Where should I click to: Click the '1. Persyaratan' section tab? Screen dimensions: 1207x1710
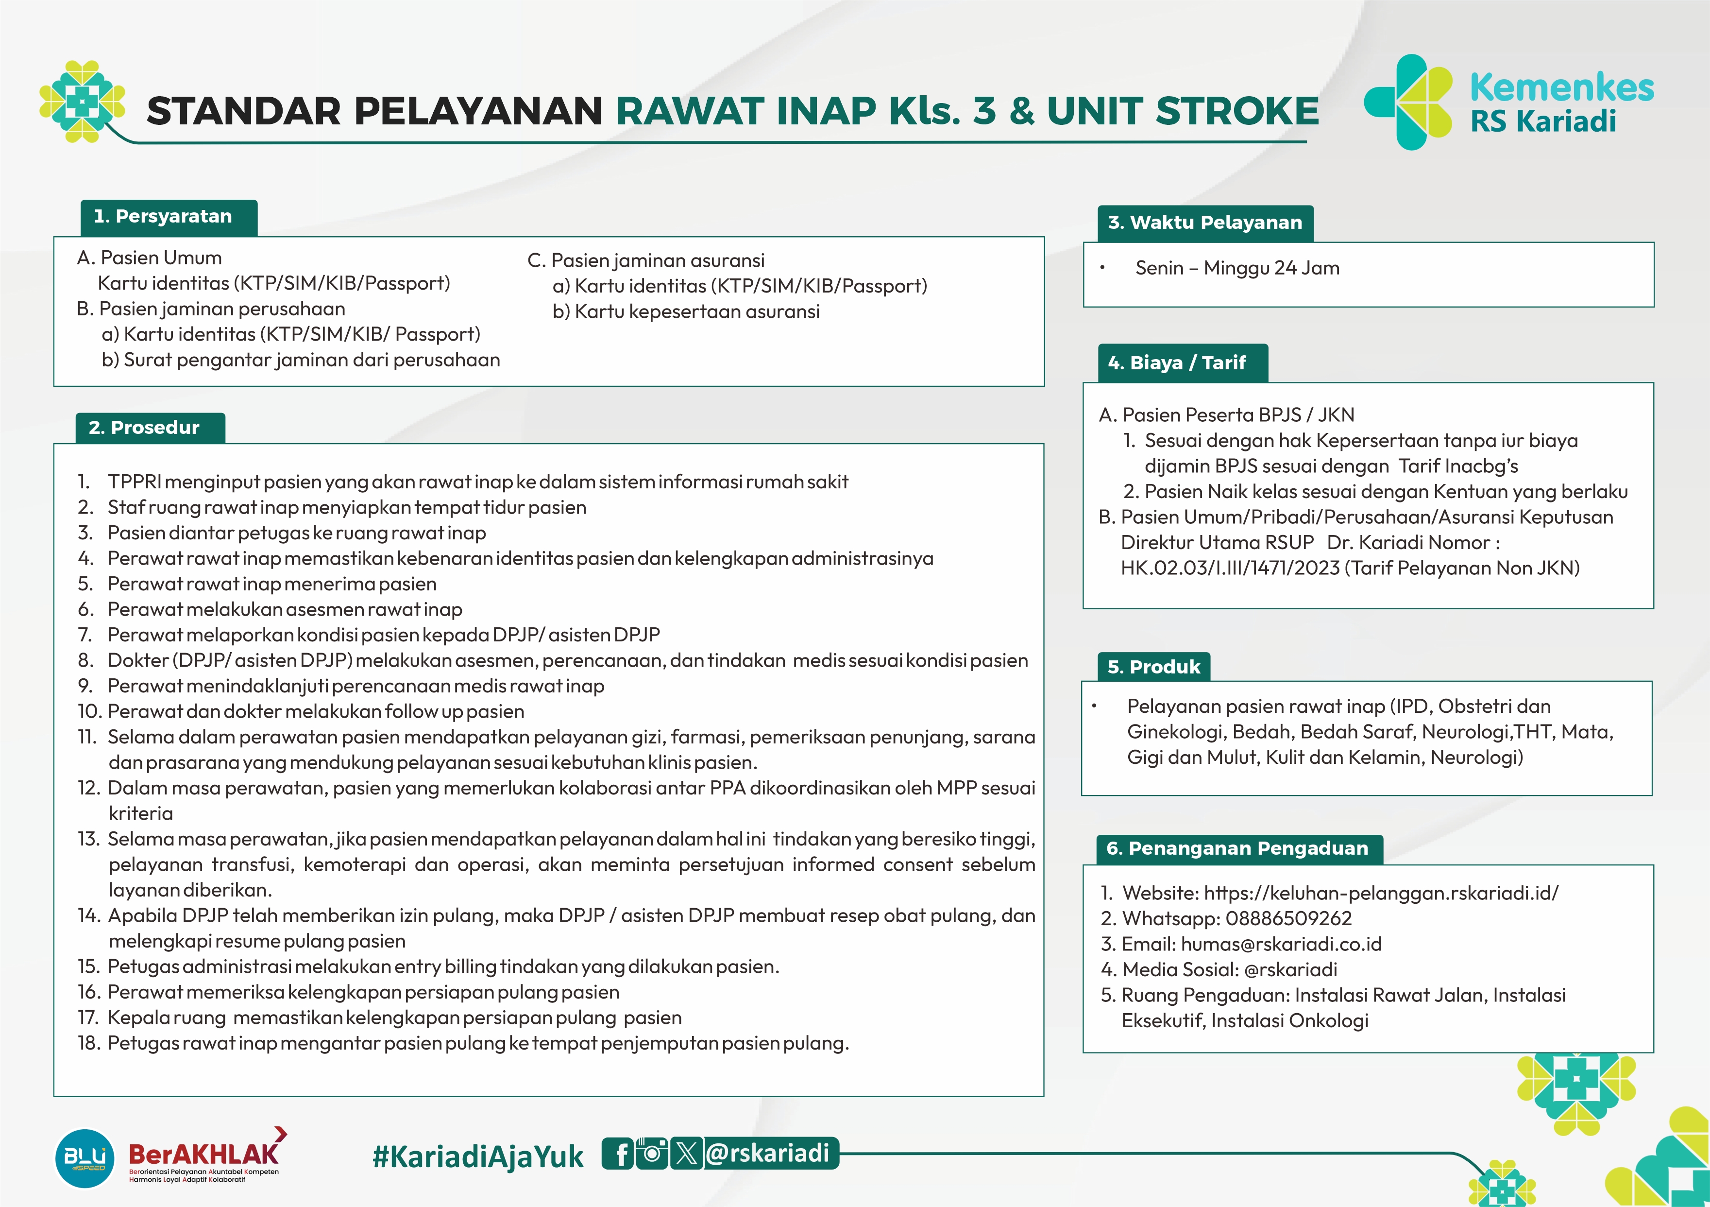click(x=169, y=217)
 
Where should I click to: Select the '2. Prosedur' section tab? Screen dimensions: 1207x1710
click(x=150, y=428)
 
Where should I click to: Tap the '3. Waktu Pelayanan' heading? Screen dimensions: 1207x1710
click(x=1204, y=223)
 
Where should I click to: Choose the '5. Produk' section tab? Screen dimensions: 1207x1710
click(x=1153, y=667)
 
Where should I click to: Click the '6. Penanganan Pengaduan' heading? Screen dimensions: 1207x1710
click(x=1238, y=848)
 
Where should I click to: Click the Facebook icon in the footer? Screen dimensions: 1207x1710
click(x=617, y=1154)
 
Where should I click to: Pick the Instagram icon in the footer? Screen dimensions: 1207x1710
click(x=652, y=1154)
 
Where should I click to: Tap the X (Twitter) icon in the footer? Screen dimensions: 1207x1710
click(x=686, y=1154)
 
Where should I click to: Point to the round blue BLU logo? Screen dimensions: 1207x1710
click(x=85, y=1158)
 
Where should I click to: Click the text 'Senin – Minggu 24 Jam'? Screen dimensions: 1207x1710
click(x=1236, y=268)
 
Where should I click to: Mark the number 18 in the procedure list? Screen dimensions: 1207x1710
click(x=88, y=1043)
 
